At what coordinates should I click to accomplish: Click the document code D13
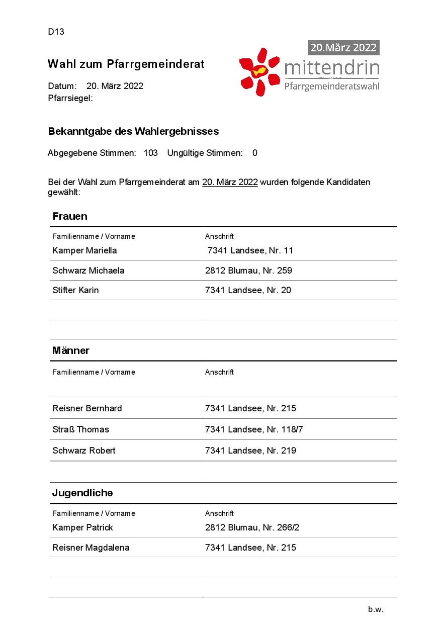[x=56, y=32]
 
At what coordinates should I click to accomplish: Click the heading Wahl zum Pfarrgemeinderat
[x=126, y=64]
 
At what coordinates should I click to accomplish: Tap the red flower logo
[x=259, y=72]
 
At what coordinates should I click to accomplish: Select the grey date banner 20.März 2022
[x=343, y=48]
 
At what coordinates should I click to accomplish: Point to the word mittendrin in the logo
[x=331, y=67]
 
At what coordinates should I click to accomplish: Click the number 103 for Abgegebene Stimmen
[x=150, y=153]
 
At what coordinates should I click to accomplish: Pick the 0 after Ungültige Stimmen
[x=255, y=153]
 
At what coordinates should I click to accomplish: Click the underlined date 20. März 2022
[x=230, y=182]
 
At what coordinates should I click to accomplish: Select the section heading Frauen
[x=70, y=216]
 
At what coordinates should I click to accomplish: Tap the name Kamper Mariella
[x=84, y=250]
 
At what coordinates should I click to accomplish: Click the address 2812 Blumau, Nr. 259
[x=248, y=271]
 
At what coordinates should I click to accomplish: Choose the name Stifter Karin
[x=75, y=290]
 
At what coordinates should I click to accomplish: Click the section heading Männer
[x=71, y=350]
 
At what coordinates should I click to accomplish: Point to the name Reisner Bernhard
[x=87, y=408]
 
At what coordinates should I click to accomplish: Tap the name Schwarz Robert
[x=84, y=451]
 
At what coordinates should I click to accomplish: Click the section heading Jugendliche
[x=82, y=493]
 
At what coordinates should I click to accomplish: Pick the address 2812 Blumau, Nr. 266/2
[x=252, y=527]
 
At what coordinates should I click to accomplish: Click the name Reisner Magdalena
[x=91, y=548]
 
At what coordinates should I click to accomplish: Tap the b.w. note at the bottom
[x=376, y=609]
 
